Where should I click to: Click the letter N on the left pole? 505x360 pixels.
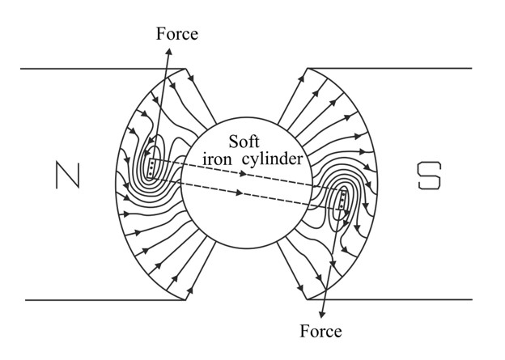point(68,176)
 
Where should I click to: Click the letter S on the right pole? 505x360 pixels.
point(429,176)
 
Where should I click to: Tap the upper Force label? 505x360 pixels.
point(176,34)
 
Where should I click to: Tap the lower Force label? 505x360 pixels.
point(320,331)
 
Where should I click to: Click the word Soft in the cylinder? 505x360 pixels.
point(244,142)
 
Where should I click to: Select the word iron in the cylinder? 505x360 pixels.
point(217,159)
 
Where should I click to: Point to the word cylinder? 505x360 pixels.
point(273,159)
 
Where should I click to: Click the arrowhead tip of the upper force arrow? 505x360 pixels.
point(169,49)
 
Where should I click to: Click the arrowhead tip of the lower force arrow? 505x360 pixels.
point(321,318)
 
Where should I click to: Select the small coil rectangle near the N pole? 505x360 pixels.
point(151,167)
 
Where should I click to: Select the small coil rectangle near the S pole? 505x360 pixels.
point(342,200)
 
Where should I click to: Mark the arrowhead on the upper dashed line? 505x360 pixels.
point(244,174)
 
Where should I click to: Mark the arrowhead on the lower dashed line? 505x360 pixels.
point(240,193)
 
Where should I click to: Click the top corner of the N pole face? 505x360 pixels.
point(185,69)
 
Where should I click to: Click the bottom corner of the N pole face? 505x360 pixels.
point(185,300)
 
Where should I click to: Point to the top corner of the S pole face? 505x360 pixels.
point(308,68)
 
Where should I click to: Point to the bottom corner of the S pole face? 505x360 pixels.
point(308,299)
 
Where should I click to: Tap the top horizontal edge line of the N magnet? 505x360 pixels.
point(103,69)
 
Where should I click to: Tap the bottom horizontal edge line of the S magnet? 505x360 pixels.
point(390,299)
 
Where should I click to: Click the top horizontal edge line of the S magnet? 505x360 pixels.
point(390,68)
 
